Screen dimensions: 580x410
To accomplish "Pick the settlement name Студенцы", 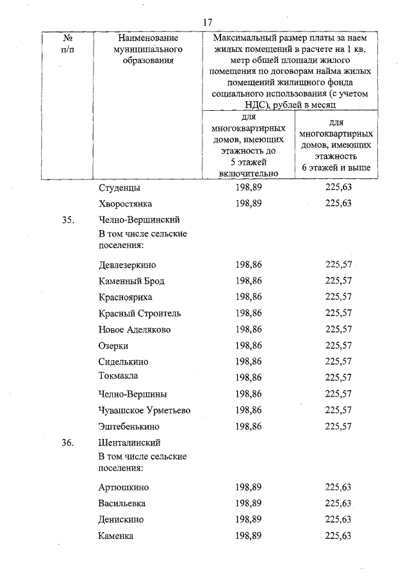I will click(x=120, y=188).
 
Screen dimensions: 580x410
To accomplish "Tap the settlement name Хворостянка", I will click(x=125, y=204).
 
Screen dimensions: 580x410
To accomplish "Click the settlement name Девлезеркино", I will click(x=127, y=265).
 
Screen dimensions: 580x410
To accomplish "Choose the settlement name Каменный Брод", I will click(x=131, y=281).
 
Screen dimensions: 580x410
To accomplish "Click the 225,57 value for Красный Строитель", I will click(x=338, y=313).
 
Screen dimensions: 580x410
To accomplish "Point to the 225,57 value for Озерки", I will click(x=338, y=346).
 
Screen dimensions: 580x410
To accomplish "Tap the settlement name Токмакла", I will click(x=118, y=376).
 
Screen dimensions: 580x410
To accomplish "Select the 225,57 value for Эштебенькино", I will click(x=338, y=426).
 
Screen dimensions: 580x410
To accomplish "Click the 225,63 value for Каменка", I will click(x=338, y=536).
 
